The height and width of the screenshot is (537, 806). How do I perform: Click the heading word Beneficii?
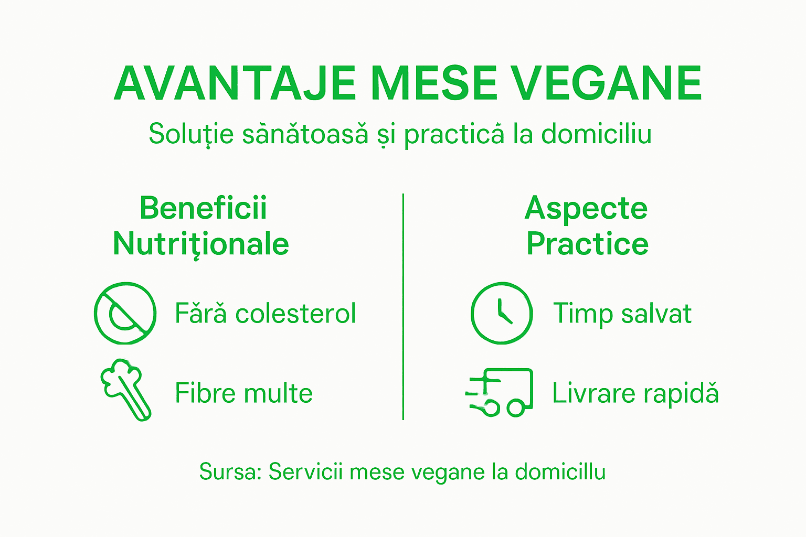[203, 208]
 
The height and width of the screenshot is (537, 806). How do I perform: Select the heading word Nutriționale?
[201, 244]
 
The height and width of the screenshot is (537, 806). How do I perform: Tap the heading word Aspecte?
[586, 208]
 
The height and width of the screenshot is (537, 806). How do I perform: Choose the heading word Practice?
[587, 244]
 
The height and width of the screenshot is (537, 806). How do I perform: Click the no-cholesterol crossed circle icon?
[125, 313]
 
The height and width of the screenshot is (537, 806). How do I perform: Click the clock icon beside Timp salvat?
[502, 313]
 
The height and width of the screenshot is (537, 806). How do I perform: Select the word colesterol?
[295, 314]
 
